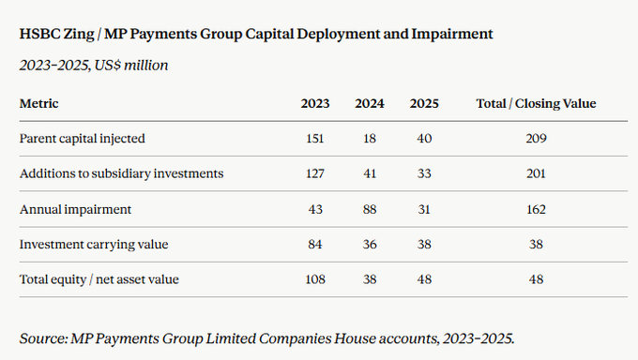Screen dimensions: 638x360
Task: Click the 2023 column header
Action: click(x=315, y=103)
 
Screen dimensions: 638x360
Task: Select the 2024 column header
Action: click(x=370, y=103)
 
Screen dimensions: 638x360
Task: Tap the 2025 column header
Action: click(x=424, y=103)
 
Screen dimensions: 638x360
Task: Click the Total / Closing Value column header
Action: click(x=536, y=103)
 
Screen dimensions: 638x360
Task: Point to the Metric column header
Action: click(x=39, y=103)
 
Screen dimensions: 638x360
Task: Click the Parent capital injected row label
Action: click(x=83, y=139)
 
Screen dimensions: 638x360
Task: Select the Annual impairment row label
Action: click(x=76, y=209)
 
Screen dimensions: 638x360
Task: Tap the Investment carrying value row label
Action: click(x=94, y=245)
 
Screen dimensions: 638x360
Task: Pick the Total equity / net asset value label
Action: click(x=99, y=279)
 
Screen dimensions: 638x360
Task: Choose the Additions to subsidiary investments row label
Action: click(x=122, y=173)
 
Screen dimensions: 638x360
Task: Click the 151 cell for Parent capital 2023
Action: click(x=315, y=139)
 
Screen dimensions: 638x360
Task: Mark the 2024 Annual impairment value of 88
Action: click(x=370, y=209)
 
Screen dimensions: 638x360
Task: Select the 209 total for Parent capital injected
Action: click(x=536, y=139)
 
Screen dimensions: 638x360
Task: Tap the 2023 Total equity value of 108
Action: click(x=315, y=279)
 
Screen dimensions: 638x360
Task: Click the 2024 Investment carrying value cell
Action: click(x=370, y=245)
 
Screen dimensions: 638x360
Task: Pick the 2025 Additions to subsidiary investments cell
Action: click(x=424, y=173)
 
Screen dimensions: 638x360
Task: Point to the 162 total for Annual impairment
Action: click(x=536, y=209)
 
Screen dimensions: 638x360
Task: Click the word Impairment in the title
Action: click(x=452, y=34)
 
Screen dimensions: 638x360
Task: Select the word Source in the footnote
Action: click(x=42, y=338)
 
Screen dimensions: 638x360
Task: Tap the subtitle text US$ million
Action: click(x=131, y=65)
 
